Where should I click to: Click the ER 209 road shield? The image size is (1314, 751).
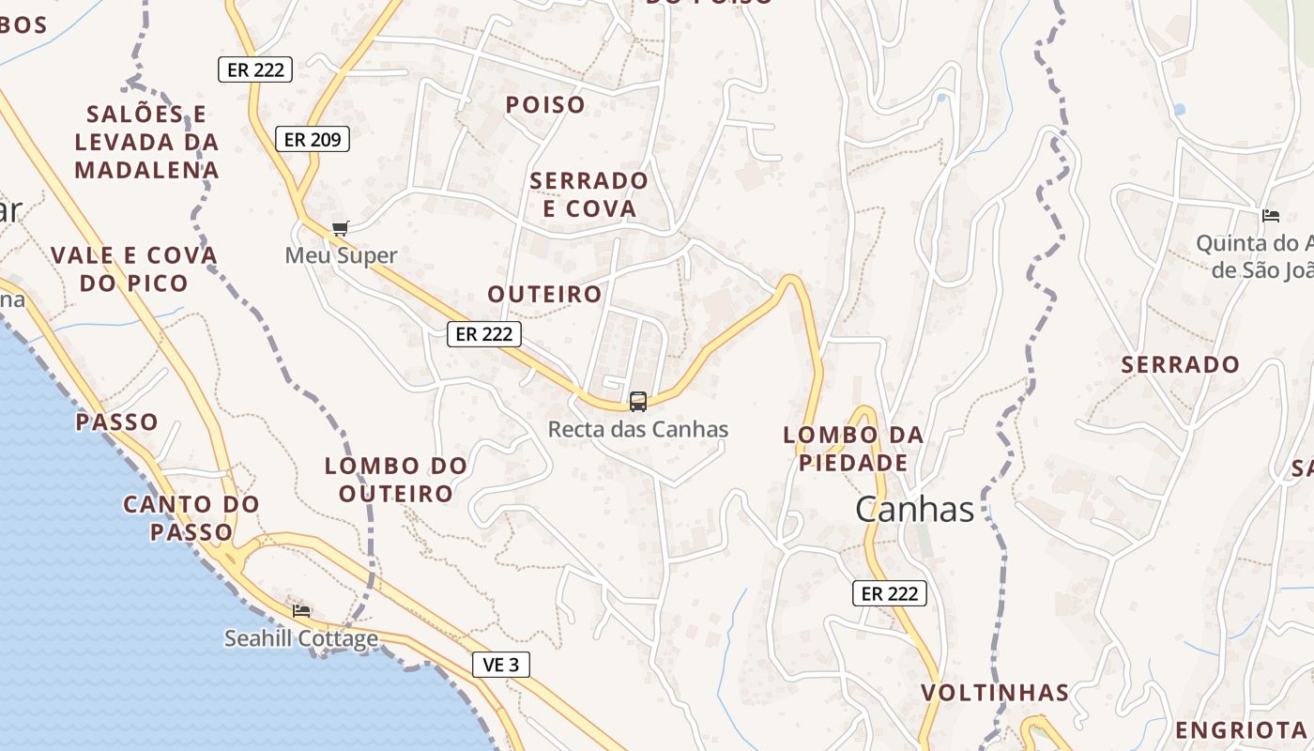313,140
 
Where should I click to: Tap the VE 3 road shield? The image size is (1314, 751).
500,665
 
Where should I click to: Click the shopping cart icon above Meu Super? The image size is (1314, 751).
341,228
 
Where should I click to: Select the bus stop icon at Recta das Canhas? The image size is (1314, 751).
638,402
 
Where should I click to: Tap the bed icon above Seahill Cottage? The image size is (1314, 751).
301,610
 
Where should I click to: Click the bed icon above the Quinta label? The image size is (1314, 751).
1271,216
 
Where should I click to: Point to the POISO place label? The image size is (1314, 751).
545,105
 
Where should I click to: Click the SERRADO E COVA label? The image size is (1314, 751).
589,194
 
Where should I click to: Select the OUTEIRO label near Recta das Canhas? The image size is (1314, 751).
544,294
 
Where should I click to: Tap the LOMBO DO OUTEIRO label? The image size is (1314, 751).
396,479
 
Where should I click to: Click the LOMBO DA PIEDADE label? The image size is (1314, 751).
853,449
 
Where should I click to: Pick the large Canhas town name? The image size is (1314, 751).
914,509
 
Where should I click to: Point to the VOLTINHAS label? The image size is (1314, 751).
995,693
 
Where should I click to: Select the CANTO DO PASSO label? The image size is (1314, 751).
191,518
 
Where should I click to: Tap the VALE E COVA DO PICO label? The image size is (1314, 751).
134,268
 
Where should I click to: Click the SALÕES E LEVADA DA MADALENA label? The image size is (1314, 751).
147,142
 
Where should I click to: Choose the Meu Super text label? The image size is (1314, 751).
341,255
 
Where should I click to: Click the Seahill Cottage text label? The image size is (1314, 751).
301,639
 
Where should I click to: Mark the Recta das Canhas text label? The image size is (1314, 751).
638,430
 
